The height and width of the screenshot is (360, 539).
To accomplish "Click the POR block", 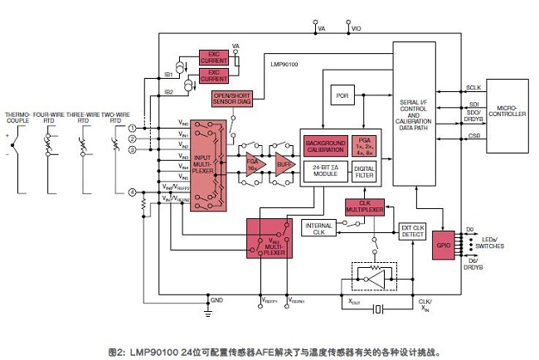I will click(342, 95).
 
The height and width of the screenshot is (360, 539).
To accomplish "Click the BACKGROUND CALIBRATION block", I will click(325, 145).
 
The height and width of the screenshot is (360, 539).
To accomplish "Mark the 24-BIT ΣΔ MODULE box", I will click(325, 171).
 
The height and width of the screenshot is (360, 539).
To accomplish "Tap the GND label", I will click(217, 299).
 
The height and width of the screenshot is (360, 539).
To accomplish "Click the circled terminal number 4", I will click(133, 192).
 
